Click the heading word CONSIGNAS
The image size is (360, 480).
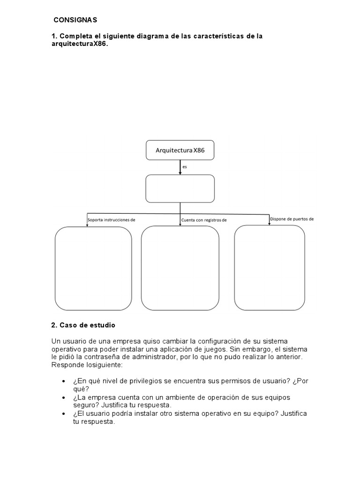(75, 20)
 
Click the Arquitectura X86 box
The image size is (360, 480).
(180, 150)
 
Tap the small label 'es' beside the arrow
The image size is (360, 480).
(184, 166)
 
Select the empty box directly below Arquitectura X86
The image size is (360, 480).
(180, 188)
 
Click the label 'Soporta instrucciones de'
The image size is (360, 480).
(112, 219)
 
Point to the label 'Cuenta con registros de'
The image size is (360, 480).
(204, 219)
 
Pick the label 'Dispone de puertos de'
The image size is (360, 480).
(292, 218)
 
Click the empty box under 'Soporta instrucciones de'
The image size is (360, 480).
(93, 268)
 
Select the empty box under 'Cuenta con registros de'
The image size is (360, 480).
(180, 268)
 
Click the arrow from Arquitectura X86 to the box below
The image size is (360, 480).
(180, 167)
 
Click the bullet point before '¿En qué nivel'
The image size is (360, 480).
(64, 382)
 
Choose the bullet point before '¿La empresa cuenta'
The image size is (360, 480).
(64, 397)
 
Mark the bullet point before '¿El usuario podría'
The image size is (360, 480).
(64, 414)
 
